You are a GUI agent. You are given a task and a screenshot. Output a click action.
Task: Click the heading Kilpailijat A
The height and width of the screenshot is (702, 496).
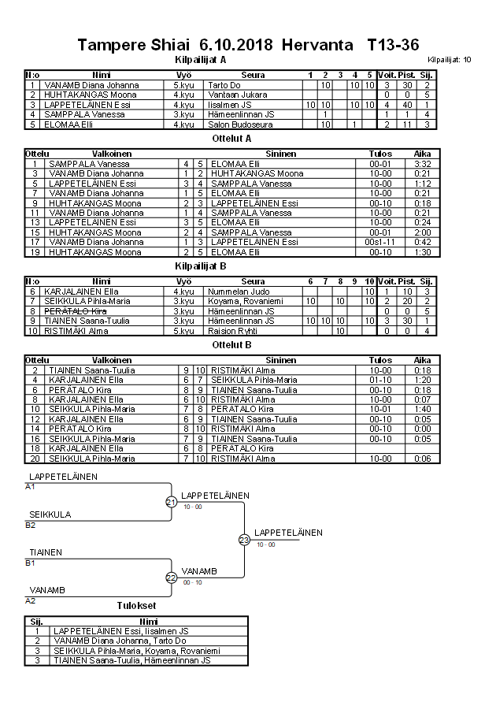pyautogui.click(x=200, y=59)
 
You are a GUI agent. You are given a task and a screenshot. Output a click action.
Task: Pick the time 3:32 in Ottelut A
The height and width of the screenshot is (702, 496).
pyautogui.click(x=422, y=164)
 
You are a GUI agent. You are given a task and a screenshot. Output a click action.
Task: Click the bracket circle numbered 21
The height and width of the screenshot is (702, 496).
pyautogui.click(x=171, y=502)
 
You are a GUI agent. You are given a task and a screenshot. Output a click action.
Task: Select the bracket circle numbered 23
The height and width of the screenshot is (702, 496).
pyautogui.click(x=244, y=540)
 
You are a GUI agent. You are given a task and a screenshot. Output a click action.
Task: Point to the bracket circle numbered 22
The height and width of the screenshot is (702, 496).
pyautogui.click(x=171, y=578)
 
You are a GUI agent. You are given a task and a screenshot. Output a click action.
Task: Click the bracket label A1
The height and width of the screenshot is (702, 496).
pyautogui.click(x=31, y=487)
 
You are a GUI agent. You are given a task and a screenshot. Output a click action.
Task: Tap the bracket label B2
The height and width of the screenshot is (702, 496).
pyautogui.click(x=31, y=525)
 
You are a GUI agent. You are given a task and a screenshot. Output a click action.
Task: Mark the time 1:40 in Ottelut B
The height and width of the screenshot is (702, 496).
pyautogui.click(x=422, y=410)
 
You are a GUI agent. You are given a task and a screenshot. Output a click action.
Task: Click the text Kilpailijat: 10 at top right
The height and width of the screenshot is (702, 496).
pyautogui.click(x=450, y=60)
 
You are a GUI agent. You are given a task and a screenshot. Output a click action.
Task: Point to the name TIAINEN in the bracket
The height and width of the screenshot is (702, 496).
pyautogui.click(x=46, y=552)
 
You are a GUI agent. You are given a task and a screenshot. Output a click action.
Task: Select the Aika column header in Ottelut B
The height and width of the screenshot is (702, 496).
pyautogui.click(x=422, y=360)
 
